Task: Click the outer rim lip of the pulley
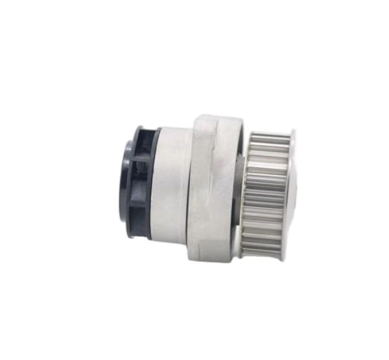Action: pyautogui.click(x=292, y=188)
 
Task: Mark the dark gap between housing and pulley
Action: pyautogui.click(x=243, y=188)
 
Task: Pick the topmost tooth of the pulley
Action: pyautogui.click(x=269, y=133)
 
